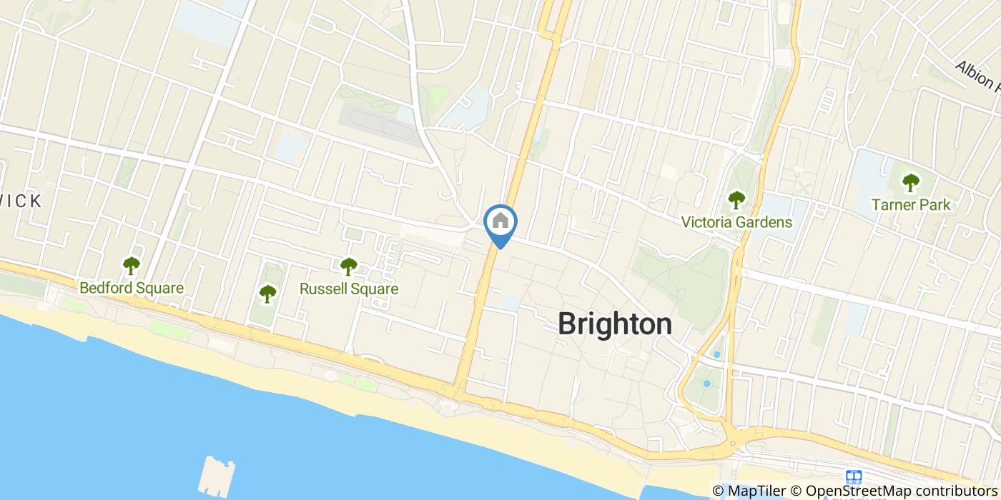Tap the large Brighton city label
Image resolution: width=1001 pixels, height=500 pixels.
[614, 324]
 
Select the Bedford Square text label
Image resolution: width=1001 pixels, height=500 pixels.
[132, 289]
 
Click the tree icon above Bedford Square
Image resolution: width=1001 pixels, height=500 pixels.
[131, 266]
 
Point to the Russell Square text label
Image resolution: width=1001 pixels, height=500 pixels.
[348, 289]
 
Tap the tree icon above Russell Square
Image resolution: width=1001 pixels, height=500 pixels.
[348, 266]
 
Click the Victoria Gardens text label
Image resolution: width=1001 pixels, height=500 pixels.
[736, 222]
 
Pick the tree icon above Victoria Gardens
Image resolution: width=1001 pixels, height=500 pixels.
[736, 200]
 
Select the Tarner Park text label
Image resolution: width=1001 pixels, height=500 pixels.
[910, 205]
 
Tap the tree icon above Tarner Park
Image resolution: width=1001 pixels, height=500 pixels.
[910, 183]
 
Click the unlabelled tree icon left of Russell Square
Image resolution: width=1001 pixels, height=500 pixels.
[267, 293]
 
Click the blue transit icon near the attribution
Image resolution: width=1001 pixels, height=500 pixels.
[853, 477]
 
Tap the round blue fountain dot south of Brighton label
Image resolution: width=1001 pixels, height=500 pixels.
[706, 384]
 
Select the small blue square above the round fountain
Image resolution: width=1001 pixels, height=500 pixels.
[715, 355]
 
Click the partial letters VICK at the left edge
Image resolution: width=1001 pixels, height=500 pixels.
[20, 201]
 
